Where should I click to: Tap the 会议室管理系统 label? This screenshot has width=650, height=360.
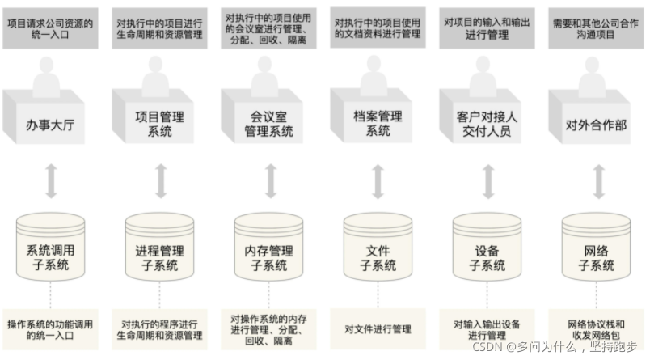click(x=269, y=124)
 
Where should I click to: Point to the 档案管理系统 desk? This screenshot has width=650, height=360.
click(x=378, y=124)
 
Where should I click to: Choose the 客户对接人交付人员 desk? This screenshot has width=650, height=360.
click(x=487, y=124)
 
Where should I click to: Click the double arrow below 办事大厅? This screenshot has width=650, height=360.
click(x=51, y=181)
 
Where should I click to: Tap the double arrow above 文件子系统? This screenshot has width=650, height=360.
click(x=378, y=181)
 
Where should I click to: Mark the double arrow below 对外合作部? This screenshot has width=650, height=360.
click(x=598, y=181)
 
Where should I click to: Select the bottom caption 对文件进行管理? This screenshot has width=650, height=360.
click(x=378, y=329)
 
